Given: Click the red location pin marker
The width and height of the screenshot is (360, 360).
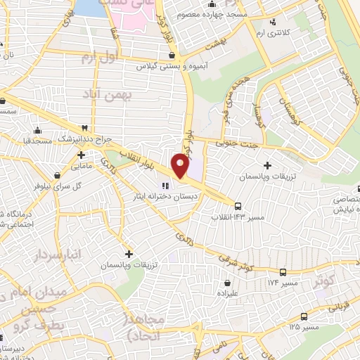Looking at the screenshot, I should (x=180, y=165).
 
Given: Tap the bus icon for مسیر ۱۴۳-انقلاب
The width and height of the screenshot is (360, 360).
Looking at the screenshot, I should (x=238, y=207).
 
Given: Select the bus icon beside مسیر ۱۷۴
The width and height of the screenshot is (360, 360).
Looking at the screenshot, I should (x=283, y=272).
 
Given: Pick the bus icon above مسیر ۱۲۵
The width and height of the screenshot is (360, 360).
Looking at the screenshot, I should (x=304, y=316).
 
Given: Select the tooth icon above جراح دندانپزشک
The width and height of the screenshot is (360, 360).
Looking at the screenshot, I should (x=85, y=128).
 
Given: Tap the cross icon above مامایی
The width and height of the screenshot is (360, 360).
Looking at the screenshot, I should (x=82, y=155).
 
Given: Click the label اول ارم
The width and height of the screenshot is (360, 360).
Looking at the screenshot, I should (x=97, y=56).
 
